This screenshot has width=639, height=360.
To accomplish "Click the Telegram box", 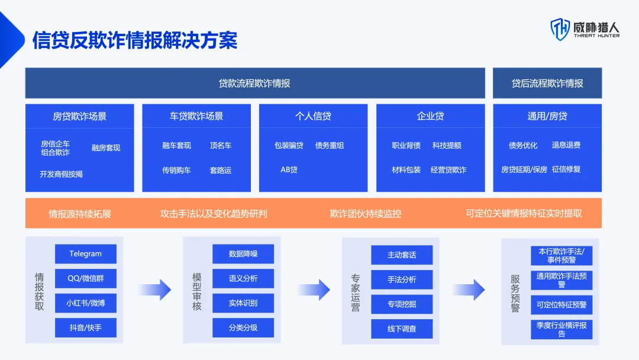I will (86, 254).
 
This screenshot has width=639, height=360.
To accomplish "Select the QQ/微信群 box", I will (86, 278).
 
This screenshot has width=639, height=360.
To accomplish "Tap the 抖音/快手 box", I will (86, 327).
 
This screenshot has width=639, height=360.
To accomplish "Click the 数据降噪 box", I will (243, 254).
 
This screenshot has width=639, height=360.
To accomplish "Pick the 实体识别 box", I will (243, 303).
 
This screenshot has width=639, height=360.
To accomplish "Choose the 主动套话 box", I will (402, 255).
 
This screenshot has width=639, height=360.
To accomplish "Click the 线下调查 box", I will (402, 329).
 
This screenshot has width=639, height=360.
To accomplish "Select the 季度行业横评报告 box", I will (561, 329).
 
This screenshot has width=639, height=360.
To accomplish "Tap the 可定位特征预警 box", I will (561, 305).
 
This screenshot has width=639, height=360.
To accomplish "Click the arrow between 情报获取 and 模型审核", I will (154, 290).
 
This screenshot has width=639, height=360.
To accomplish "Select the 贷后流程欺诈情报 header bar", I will (547, 83).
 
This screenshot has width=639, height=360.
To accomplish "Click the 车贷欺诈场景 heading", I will (196, 116).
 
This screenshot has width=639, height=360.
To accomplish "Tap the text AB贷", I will (289, 170).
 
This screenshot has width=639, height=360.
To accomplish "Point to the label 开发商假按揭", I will (62, 174).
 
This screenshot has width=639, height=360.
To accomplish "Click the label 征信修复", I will (566, 169).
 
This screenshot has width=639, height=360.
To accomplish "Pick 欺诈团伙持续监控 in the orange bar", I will (366, 213).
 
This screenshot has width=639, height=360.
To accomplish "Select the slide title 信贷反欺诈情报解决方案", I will (135, 40).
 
